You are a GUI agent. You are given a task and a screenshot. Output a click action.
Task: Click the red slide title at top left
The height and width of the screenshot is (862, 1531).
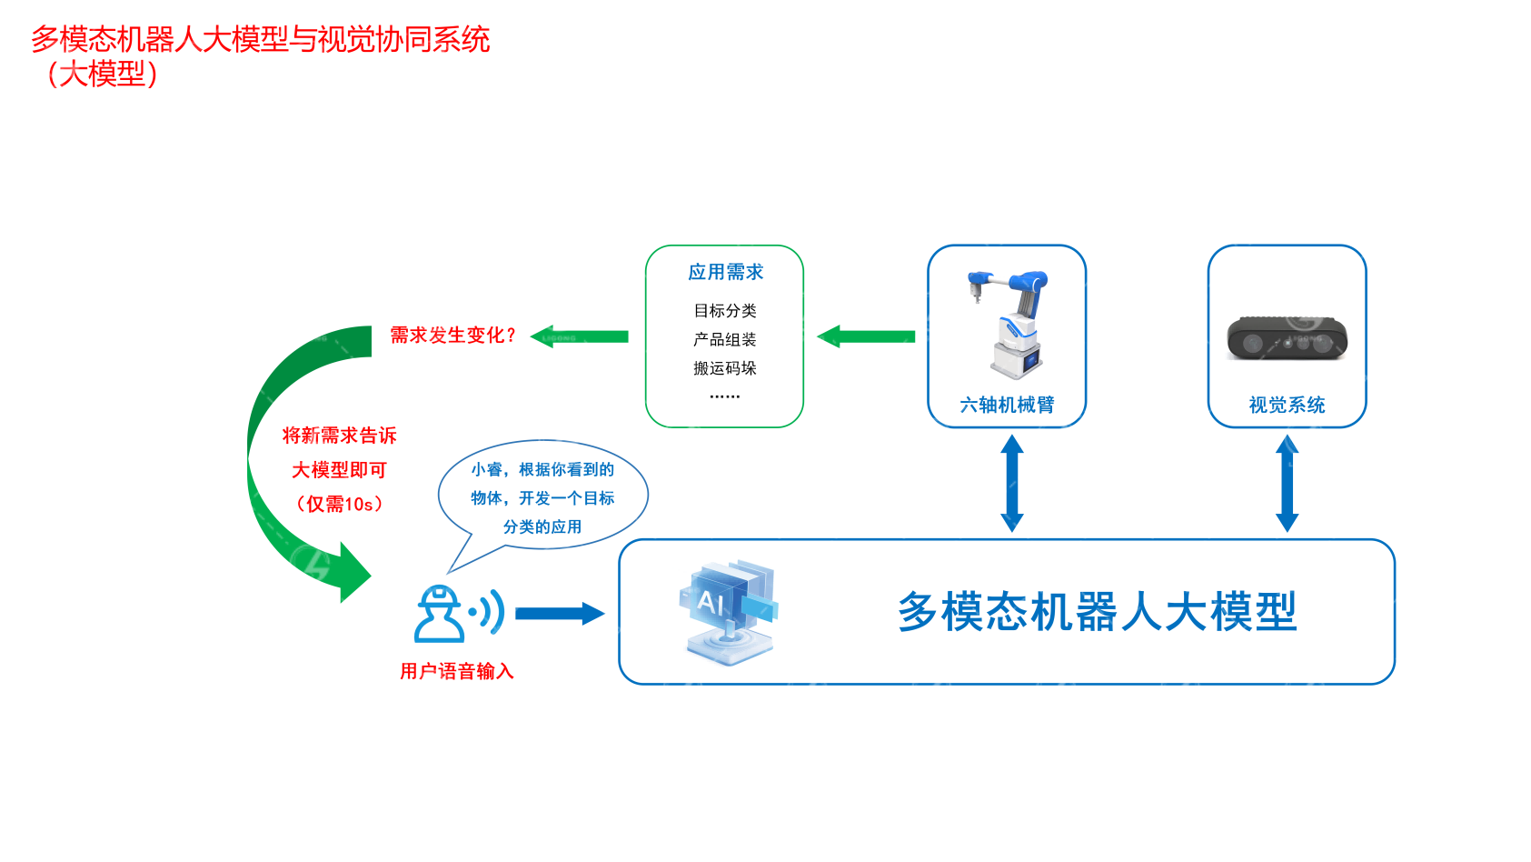260,40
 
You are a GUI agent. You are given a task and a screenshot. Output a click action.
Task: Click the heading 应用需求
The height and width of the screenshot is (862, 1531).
725,272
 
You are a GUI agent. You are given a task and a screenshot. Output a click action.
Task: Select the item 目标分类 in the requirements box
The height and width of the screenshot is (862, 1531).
725,311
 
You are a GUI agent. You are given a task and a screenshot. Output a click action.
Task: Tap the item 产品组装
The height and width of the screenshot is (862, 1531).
725,340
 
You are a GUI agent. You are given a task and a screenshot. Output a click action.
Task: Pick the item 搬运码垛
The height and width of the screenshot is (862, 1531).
725,368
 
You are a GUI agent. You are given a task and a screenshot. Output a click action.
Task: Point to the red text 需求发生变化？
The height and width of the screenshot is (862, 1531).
452,336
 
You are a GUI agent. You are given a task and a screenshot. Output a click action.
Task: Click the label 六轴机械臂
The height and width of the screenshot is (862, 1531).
1007,406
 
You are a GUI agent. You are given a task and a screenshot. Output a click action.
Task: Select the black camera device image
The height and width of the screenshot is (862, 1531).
1287,338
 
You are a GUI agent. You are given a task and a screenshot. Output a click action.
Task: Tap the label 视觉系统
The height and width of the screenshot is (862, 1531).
1287,406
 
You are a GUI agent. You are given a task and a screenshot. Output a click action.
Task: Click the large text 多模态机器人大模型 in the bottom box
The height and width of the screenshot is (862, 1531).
1097,612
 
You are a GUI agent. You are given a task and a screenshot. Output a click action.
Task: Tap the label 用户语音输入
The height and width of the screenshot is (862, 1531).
457,672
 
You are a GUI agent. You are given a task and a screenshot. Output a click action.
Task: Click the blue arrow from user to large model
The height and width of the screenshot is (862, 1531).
559,614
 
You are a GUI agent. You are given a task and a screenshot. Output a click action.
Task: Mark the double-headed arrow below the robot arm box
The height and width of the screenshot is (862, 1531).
1012,483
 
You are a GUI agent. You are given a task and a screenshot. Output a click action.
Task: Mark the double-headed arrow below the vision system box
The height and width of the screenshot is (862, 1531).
1287,483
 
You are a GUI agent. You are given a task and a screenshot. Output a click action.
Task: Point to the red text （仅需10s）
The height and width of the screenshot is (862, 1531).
340,504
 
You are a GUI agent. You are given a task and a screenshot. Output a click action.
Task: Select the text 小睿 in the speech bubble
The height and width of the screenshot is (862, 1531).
487,470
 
